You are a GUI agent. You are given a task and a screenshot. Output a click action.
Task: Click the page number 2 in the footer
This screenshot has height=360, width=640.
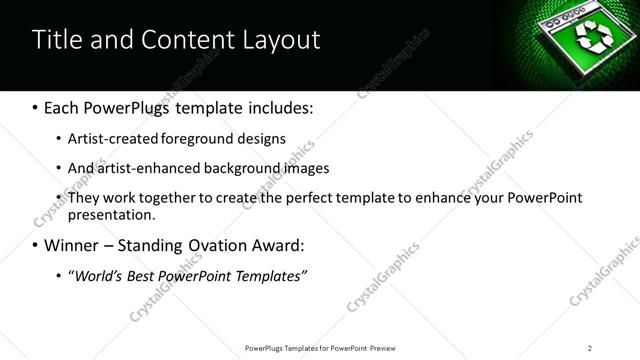coord(590,348)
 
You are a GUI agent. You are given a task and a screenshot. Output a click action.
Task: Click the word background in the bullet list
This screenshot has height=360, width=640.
coord(239,168)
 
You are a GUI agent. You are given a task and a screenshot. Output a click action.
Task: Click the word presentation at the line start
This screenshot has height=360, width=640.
coord(111,214)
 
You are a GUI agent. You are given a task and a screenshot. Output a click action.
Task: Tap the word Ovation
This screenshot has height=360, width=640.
coord(225,245)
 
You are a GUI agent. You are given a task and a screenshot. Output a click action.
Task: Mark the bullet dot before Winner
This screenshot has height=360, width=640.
coord(37,245)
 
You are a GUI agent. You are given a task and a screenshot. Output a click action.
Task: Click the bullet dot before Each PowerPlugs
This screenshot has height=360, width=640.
coord(37,107)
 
